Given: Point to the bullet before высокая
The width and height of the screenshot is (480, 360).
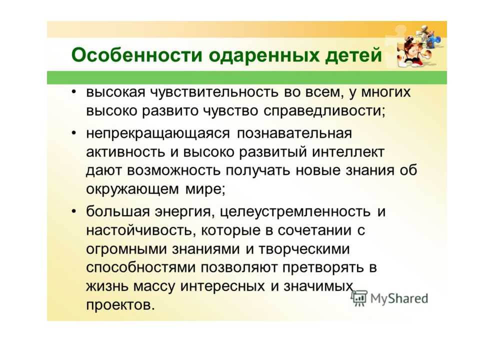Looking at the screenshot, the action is coord(73,91).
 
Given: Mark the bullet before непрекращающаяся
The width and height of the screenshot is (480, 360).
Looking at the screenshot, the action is coord(73,133).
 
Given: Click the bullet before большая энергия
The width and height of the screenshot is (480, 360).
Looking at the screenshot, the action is coord(73,211).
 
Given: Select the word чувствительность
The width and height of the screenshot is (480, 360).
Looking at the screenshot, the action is coord(214,92).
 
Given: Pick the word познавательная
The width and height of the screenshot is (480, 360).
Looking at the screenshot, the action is coord(294,133).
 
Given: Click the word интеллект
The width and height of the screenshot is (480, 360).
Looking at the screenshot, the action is coord(348,152).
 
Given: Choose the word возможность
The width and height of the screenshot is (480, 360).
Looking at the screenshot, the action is coord(173,170).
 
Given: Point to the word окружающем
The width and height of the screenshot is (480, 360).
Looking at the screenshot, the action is coord(132,189).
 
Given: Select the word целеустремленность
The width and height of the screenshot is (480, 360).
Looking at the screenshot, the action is coord(295,212).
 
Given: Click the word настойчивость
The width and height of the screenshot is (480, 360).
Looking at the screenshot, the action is coord(141,230).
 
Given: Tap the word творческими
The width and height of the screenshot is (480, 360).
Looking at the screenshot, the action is coord(304,249).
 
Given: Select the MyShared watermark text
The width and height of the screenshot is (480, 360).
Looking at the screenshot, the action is coord(399,298).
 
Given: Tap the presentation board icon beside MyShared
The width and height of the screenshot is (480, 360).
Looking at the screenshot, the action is coord(359,298).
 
